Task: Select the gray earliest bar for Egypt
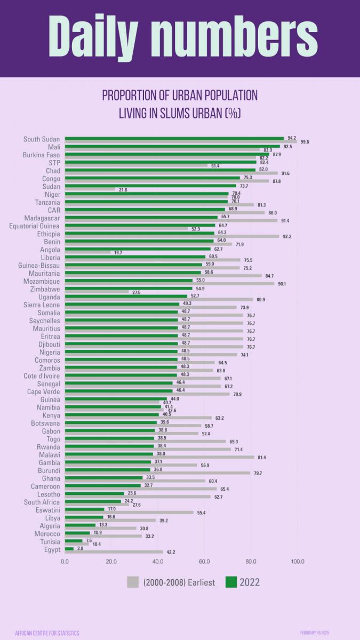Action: (114, 552)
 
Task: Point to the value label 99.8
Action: (305, 142)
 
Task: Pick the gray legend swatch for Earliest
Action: (133, 582)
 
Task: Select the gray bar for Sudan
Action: (90, 189)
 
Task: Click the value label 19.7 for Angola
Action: (118, 252)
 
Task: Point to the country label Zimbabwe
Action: (45, 289)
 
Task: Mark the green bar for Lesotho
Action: (94, 493)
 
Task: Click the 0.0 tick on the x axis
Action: (65, 561)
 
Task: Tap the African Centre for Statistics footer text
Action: (47, 633)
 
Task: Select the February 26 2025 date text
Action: (315, 633)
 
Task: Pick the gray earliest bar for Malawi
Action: (159, 457)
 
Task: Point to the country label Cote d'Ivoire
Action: (41, 376)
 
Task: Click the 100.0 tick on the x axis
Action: (297, 561)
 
